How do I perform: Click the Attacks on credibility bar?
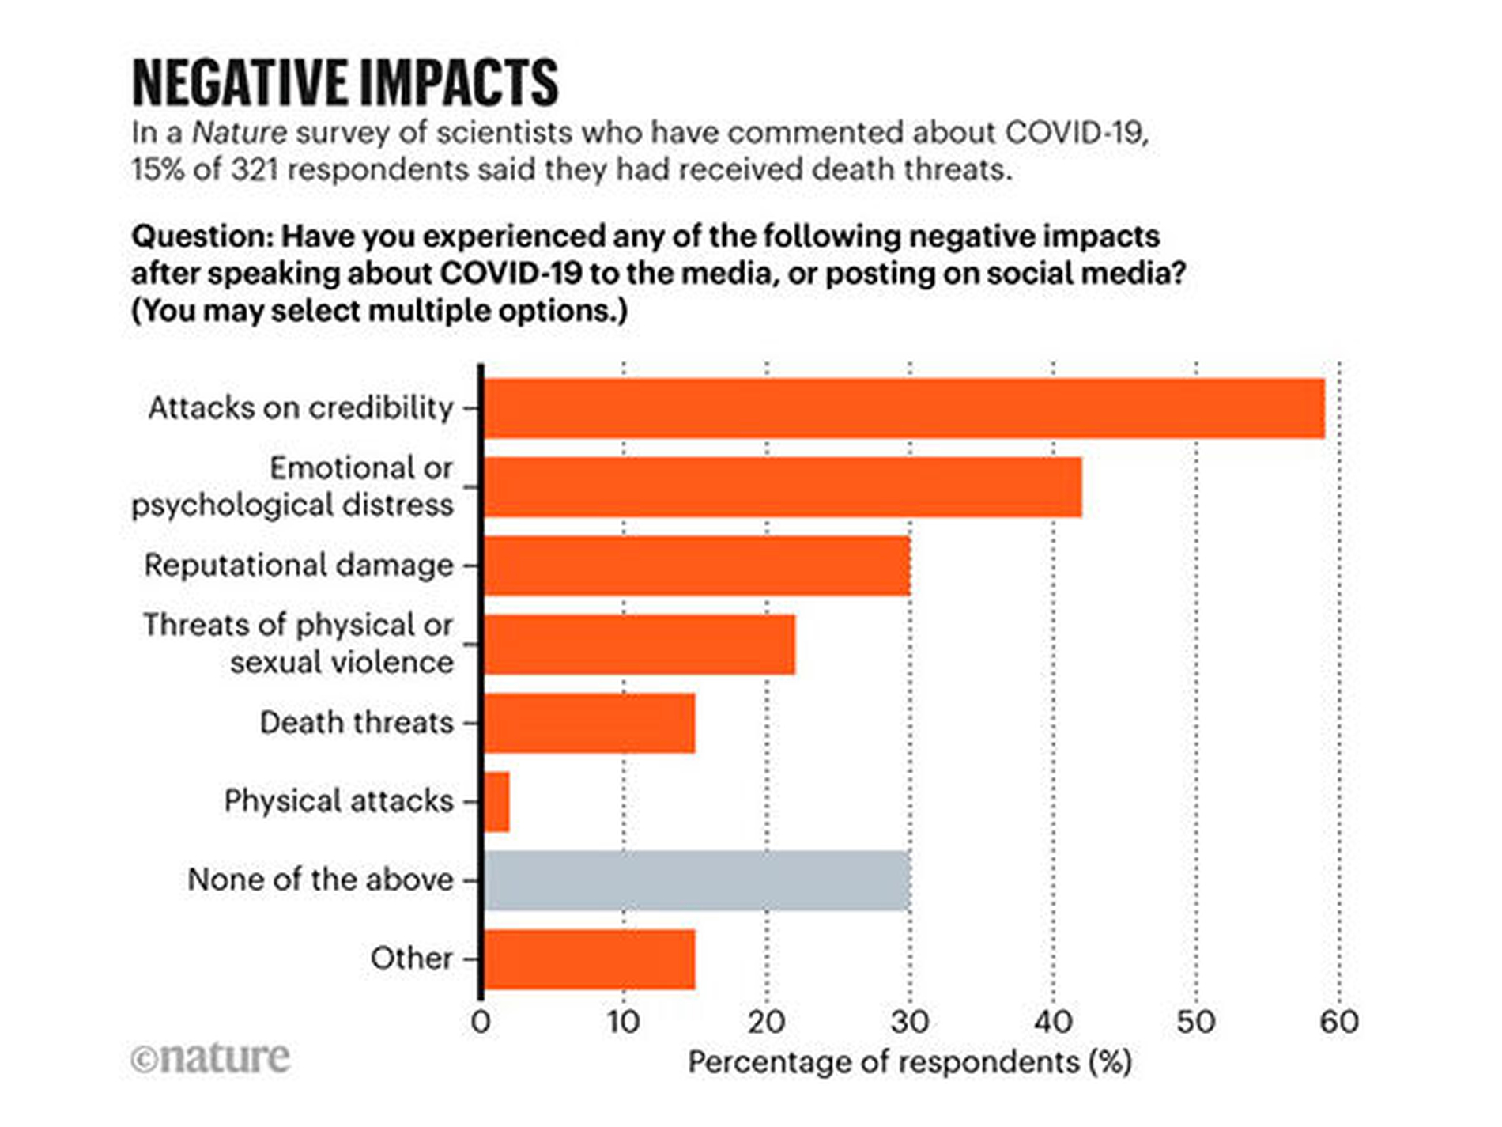(x=904, y=408)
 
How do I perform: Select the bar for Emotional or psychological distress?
(x=783, y=487)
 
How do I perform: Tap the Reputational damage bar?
(x=696, y=565)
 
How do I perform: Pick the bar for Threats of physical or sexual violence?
(x=639, y=645)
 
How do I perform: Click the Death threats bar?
(x=589, y=723)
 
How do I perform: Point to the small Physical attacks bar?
(x=496, y=802)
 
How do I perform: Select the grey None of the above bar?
(x=696, y=880)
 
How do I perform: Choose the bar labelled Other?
(x=589, y=959)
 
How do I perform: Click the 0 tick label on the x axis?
(x=481, y=1022)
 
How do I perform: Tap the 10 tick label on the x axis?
(x=623, y=1022)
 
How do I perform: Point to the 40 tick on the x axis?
(x=1053, y=1022)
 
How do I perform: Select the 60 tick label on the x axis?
(x=1339, y=1022)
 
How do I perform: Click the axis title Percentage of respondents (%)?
(x=909, y=1062)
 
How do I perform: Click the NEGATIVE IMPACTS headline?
(x=345, y=82)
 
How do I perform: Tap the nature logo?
(x=211, y=1058)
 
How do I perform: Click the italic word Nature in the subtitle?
(x=240, y=133)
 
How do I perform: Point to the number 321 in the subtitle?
(x=255, y=169)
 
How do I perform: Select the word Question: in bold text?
(x=202, y=236)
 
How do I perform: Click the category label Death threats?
(x=357, y=723)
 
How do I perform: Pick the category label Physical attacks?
(x=338, y=801)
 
